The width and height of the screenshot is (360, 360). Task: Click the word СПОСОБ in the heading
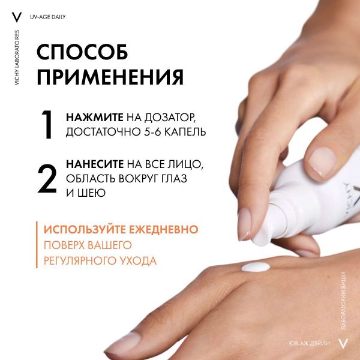[x=82, y=53]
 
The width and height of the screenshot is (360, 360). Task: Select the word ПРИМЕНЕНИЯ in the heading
[x=110, y=77]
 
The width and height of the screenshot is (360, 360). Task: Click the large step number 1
[x=49, y=125]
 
